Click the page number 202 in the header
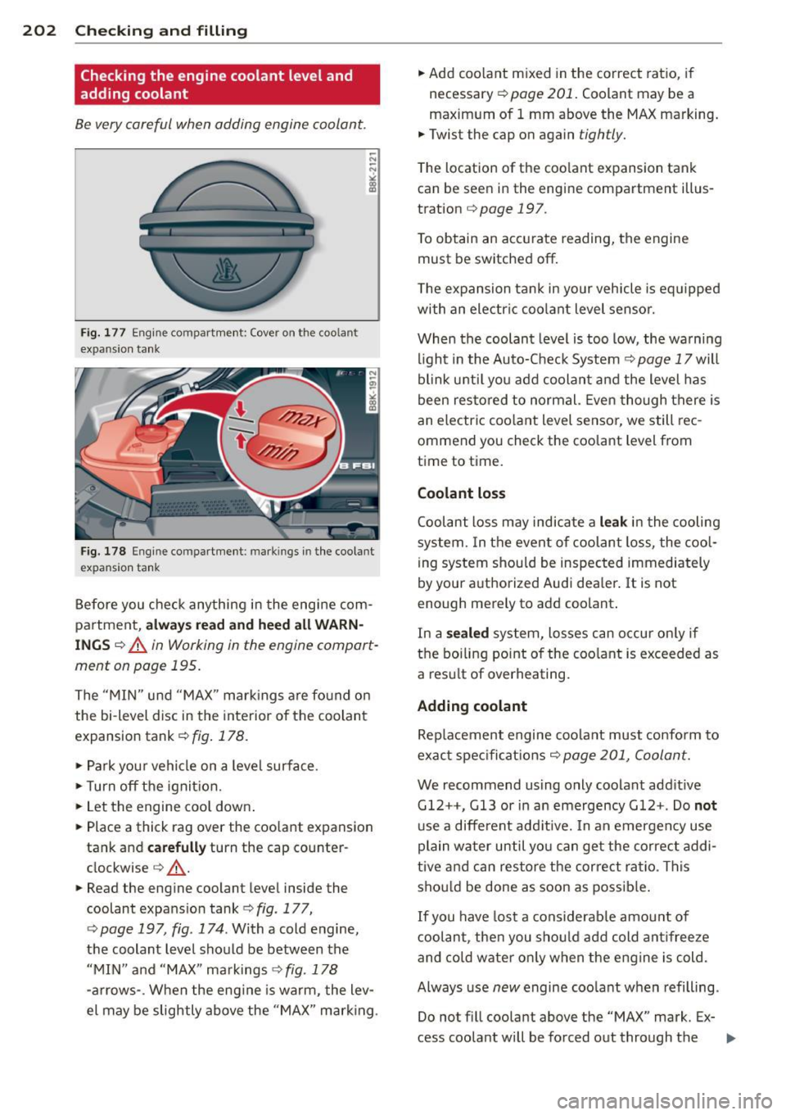coord(38,31)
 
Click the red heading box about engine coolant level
coord(227,84)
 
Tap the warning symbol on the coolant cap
coord(227,270)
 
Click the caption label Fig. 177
coord(102,333)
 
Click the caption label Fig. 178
coord(102,551)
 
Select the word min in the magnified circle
coord(279,450)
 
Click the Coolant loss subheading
coord(461,493)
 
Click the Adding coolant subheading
coord(472,706)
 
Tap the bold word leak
coord(612,522)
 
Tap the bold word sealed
coord(467,633)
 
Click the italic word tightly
coord(601,134)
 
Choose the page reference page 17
coord(664,359)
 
